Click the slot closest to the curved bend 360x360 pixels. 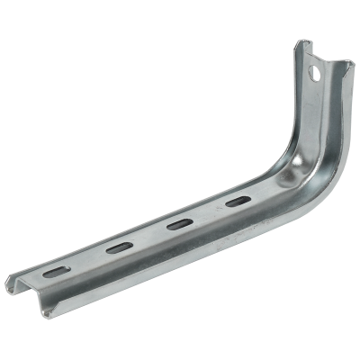pyautogui.click(x=236, y=202)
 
